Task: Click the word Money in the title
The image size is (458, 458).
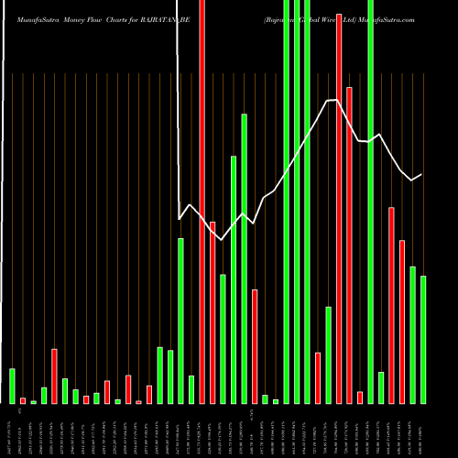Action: pos(82,18)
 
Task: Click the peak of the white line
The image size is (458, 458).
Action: pos(335,99)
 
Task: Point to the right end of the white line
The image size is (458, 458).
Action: pos(421,174)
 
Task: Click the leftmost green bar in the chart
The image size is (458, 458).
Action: pos(12,386)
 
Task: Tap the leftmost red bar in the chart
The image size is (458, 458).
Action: pos(23,400)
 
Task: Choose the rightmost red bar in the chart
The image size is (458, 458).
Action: pos(402,321)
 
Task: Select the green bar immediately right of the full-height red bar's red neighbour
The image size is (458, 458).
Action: pos(223,339)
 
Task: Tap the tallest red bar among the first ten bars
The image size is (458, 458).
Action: pos(54,376)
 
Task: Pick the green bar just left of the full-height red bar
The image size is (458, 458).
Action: pos(191,389)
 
